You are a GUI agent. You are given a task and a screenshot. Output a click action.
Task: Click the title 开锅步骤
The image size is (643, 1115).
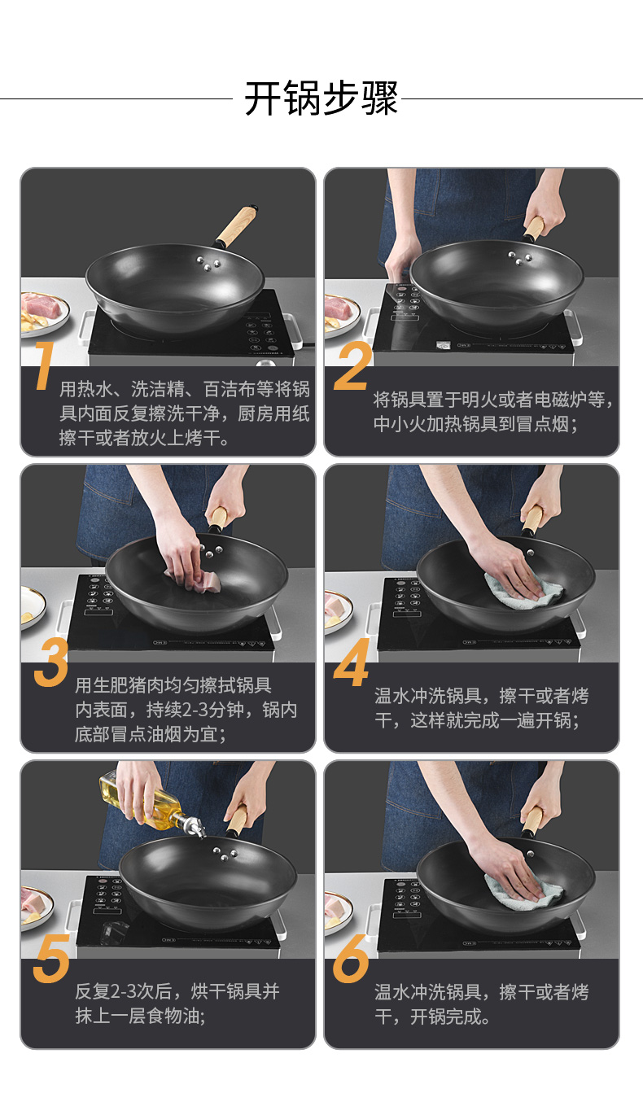[x=321, y=98]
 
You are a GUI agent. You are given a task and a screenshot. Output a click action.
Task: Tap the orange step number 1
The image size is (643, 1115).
[x=43, y=365]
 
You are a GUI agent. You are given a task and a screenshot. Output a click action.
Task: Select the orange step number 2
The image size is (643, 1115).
[x=353, y=365]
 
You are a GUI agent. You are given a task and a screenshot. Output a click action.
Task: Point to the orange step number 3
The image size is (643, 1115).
[x=50, y=662]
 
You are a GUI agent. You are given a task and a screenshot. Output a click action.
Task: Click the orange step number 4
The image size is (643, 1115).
[x=352, y=662]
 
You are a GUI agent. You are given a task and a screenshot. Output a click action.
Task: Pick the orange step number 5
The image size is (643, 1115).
[x=51, y=958]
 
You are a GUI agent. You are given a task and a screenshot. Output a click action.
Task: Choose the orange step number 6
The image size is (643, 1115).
[x=351, y=958]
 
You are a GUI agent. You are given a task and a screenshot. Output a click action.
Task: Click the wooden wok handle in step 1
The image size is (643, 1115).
[x=237, y=226]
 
